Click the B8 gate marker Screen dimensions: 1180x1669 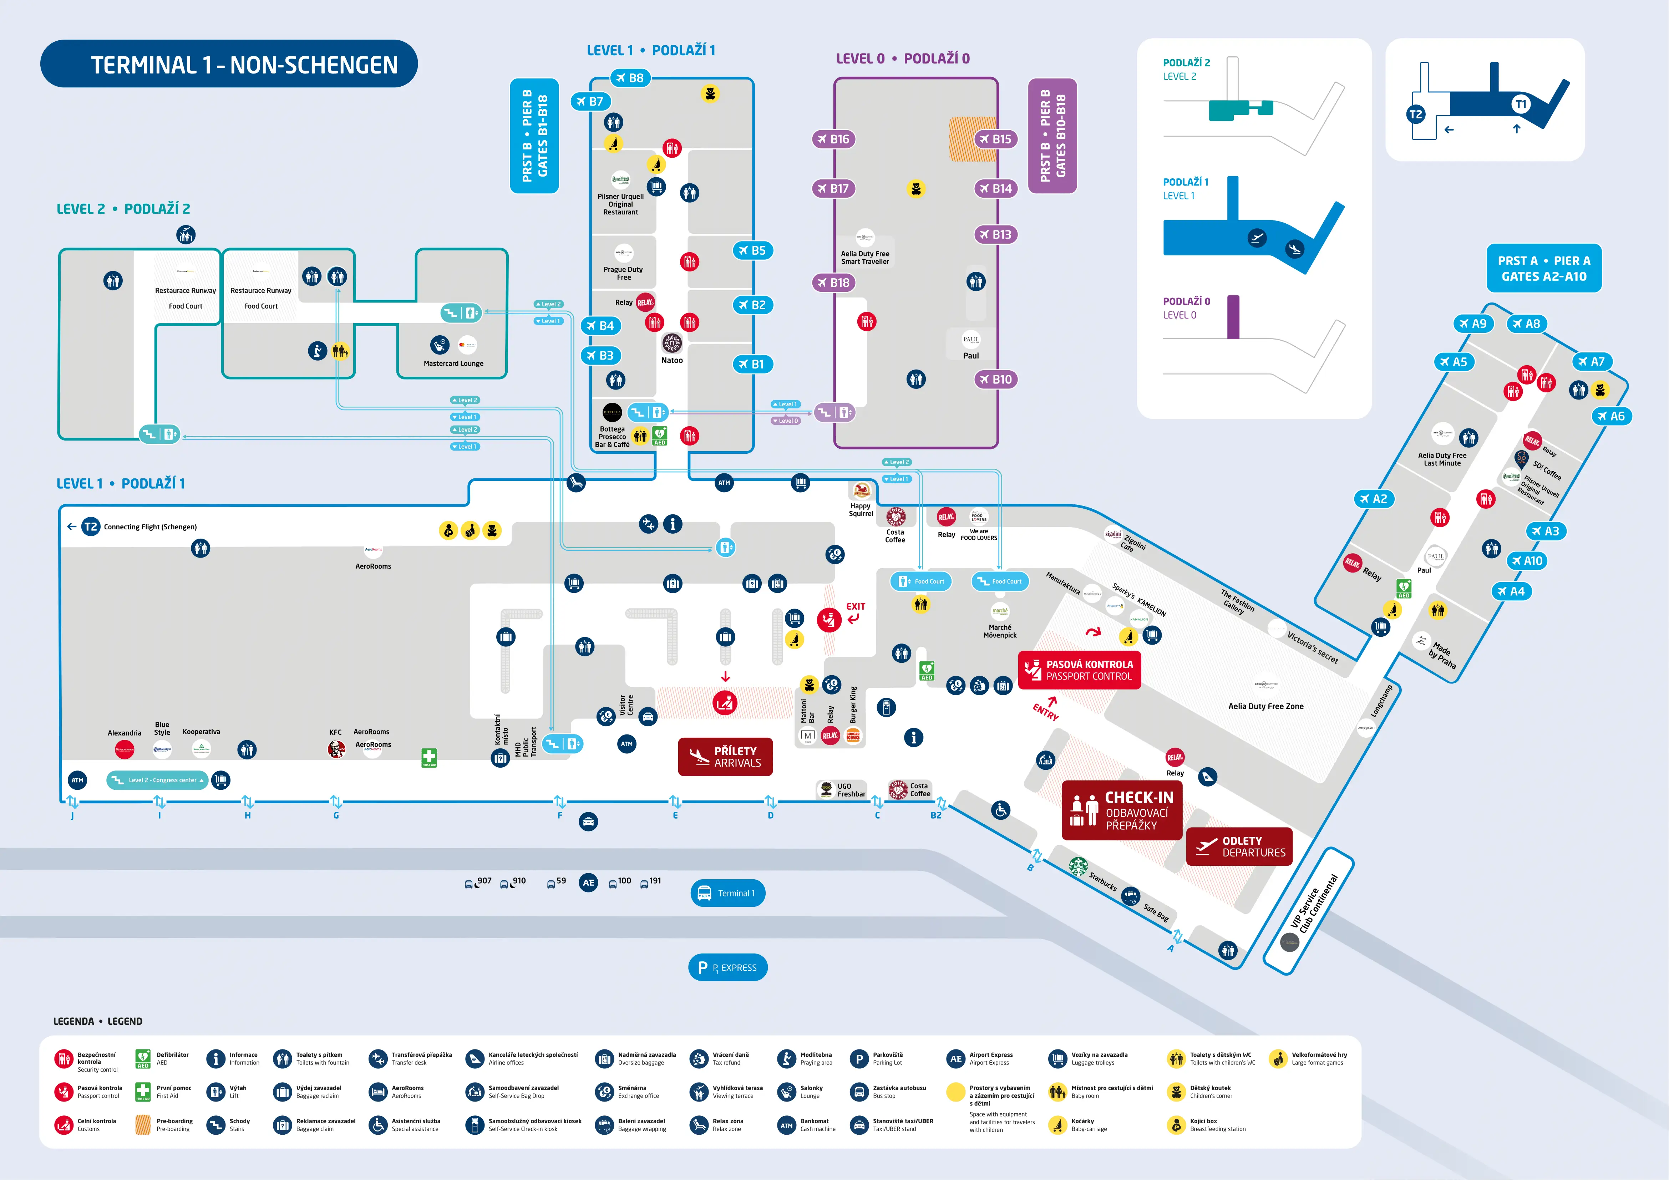click(629, 78)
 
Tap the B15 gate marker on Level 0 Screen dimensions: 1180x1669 click(995, 139)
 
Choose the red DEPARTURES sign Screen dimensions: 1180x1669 click(1239, 846)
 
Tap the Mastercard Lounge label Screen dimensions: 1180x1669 click(453, 363)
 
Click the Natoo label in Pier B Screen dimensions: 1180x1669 click(672, 360)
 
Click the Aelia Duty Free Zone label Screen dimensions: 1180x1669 click(1265, 706)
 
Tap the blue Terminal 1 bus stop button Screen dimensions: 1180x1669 click(727, 893)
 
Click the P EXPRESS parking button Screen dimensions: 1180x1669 click(727, 967)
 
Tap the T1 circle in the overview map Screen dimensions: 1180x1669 click(1520, 104)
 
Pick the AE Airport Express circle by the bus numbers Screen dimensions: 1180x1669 click(588, 883)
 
